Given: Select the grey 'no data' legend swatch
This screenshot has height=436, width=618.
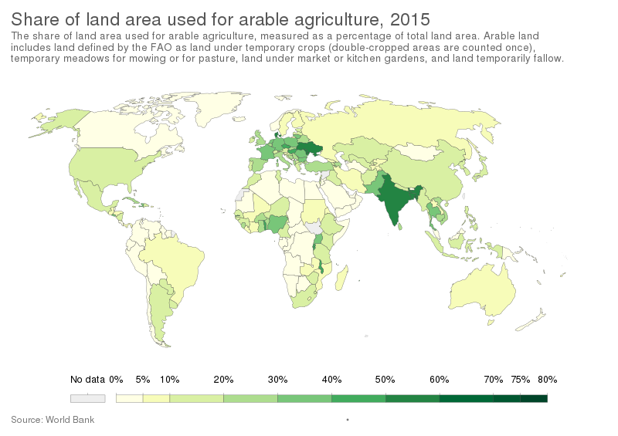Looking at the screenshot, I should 87,398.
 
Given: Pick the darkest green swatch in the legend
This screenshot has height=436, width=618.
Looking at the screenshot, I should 533,398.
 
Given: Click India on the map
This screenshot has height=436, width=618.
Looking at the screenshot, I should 394,201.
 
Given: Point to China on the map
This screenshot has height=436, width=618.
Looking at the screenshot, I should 433,174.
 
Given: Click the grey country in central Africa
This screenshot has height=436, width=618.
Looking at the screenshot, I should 313,228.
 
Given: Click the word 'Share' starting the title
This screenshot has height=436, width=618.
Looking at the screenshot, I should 32,17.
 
